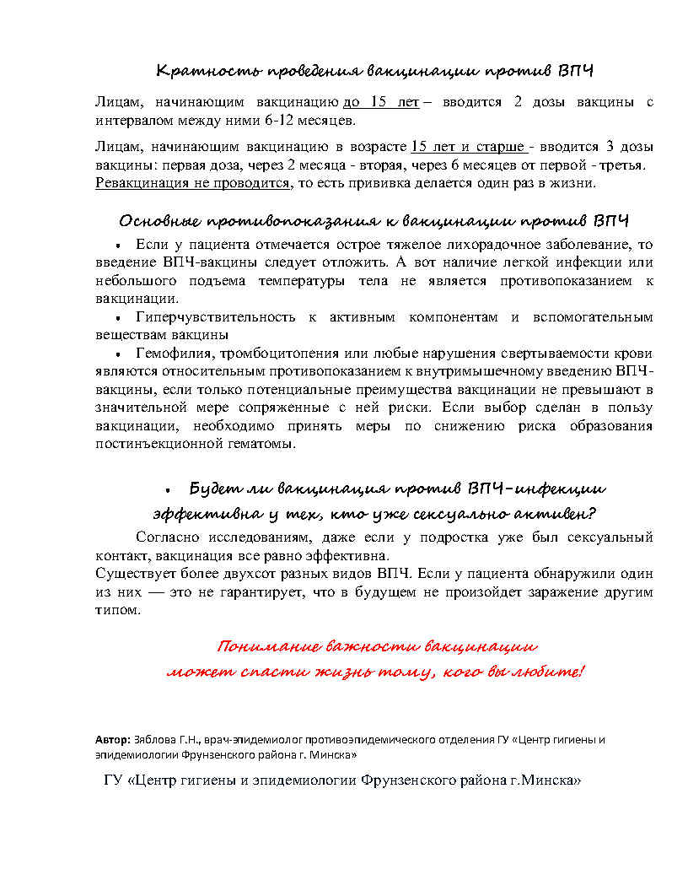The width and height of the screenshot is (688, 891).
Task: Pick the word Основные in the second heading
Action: click(159, 221)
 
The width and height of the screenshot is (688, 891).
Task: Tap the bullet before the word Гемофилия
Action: click(119, 354)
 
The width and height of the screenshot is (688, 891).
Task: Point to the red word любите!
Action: click(550, 672)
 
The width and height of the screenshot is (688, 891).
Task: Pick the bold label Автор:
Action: click(113, 740)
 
